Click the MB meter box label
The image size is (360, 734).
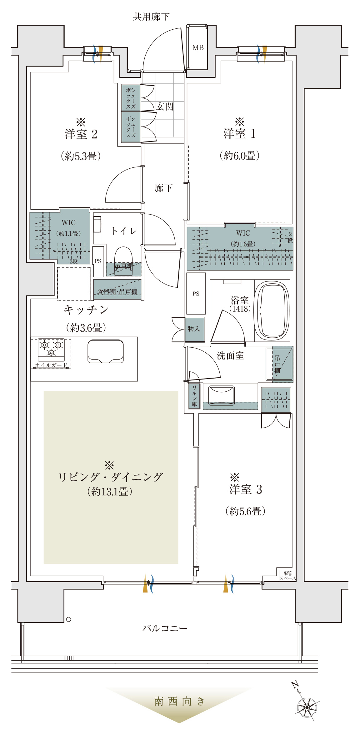coord(198,48)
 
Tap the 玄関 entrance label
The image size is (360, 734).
coord(165,107)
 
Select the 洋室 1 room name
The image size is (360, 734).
coord(240,134)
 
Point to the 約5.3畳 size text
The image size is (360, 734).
coord(81,156)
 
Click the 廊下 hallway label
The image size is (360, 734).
coord(164,188)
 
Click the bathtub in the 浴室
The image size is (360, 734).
coord(271,311)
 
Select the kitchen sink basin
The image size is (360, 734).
coord(106,351)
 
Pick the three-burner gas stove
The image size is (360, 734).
coord(51,349)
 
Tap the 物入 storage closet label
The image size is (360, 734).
coord(194,329)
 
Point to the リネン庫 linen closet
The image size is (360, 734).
coord(194,396)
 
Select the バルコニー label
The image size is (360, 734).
coord(165,628)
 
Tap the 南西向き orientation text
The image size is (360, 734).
coord(179,702)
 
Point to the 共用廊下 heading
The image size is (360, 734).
coord(151,17)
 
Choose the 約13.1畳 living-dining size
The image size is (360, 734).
coord(110,492)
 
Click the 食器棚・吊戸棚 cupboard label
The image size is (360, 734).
coord(117,292)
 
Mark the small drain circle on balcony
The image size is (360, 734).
coord(69,619)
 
